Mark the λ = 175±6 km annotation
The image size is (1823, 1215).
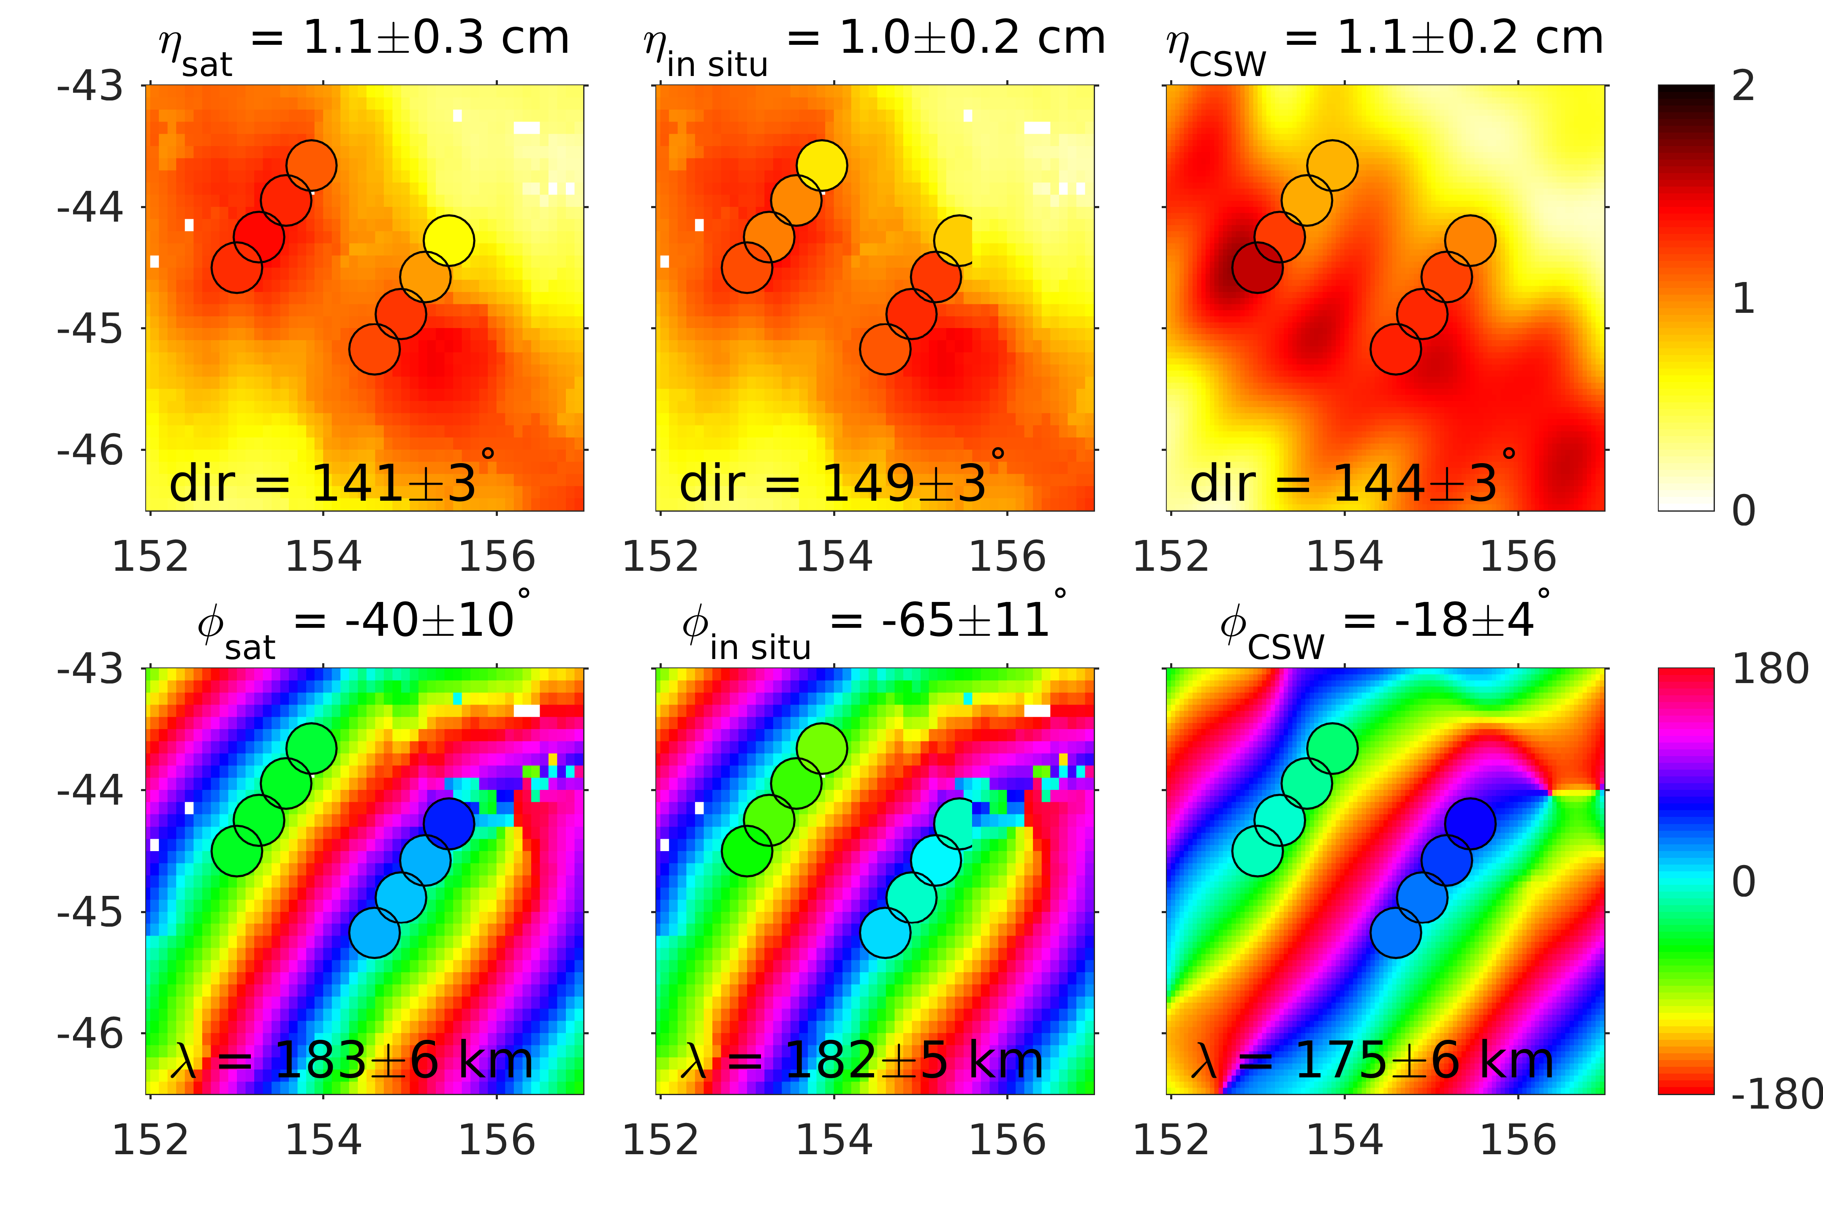[x=1372, y=1060]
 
